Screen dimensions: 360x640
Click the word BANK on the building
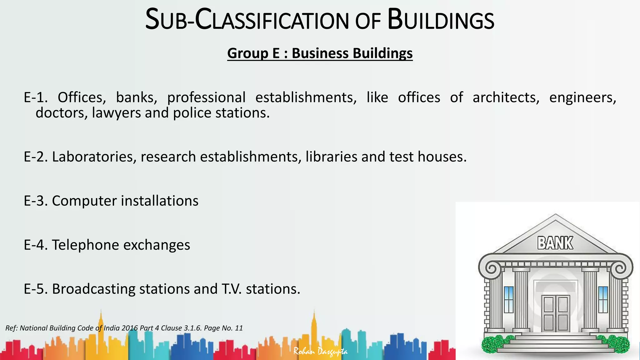(x=555, y=243)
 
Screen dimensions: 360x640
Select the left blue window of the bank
(x=509, y=299)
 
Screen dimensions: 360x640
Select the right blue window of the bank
(x=603, y=299)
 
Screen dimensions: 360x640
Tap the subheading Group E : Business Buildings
(x=320, y=53)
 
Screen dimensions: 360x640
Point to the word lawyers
(x=116, y=113)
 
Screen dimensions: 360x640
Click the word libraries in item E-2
(x=331, y=157)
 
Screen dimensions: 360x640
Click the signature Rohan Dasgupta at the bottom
(x=320, y=352)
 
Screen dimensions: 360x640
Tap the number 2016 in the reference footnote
(x=130, y=328)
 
